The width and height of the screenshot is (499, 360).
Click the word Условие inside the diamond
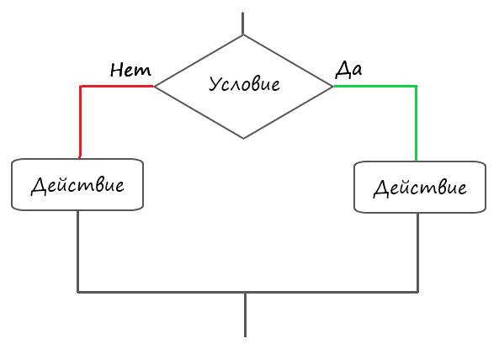click(244, 85)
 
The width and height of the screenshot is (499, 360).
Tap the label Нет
click(130, 70)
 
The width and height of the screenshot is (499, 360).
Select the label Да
click(348, 69)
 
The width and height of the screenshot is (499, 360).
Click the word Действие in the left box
click(77, 185)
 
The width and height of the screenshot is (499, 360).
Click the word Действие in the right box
click(420, 188)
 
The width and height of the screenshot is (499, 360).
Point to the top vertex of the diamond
click(243, 35)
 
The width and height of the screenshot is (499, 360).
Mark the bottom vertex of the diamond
click(243, 138)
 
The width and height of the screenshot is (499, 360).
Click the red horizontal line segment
click(117, 86)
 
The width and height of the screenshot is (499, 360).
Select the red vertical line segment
click(80, 122)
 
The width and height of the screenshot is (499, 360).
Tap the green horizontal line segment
click(375, 86)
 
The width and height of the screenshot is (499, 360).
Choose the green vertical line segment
click(416, 124)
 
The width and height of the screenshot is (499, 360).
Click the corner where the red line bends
click(80, 86)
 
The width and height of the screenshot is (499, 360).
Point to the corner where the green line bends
click(416, 86)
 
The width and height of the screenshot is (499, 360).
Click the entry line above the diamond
click(243, 24)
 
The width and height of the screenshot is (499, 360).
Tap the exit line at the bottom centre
click(245, 315)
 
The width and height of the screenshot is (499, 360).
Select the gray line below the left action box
click(77, 251)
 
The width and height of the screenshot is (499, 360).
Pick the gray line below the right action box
click(418, 252)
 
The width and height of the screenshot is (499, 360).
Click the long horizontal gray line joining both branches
click(248, 292)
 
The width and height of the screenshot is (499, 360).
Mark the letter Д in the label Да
click(342, 70)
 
